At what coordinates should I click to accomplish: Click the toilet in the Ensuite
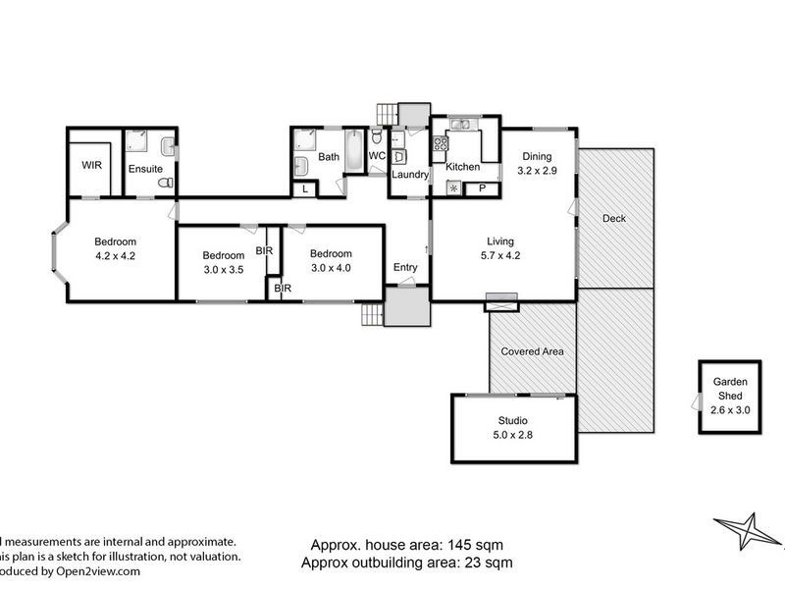[169, 183]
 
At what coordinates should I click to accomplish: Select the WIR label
[91, 165]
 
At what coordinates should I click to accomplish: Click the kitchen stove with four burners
[441, 143]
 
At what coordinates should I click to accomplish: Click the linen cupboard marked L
[305, 188]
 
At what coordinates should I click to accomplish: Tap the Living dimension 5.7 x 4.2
[500, 256]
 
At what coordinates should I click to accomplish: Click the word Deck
[613, 218]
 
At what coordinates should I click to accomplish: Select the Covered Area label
[531, 350]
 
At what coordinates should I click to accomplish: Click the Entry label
[405, 267]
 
